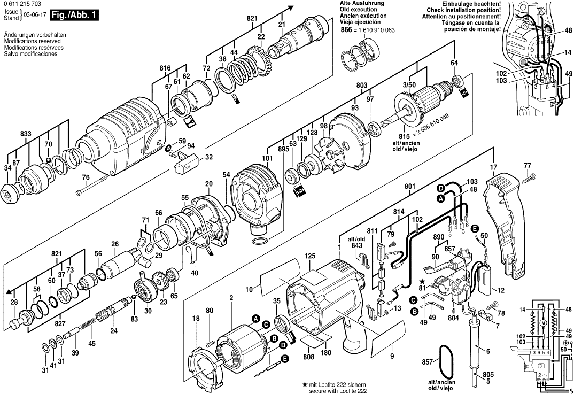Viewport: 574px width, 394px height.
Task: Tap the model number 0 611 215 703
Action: [24, 4]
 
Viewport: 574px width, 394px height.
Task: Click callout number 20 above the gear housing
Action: [208, 184]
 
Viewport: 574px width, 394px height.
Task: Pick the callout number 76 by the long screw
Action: [86, 178]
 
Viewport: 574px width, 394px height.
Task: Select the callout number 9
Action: [392, 356]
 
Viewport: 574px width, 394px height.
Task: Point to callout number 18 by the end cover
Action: [196, 318]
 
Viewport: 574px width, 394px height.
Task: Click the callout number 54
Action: [226, 175]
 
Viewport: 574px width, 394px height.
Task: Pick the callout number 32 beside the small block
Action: [208, 157]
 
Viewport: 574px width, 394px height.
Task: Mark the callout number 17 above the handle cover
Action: [493, 167]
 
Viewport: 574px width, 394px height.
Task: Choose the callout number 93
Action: [354, 108]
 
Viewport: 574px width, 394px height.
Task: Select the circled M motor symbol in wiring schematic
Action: [543, 323]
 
